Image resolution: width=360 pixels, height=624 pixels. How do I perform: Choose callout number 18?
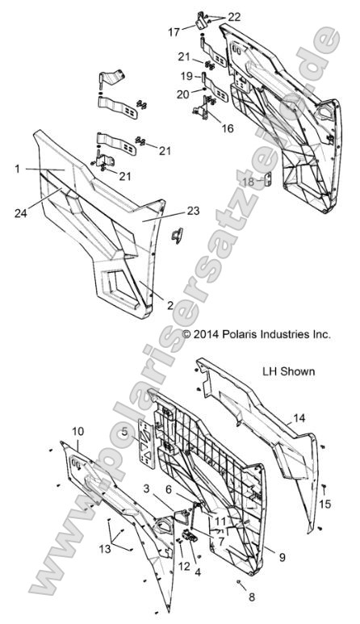pyautogui.click(x=249, y=182)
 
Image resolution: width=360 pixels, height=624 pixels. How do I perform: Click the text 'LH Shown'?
pyautogui.click(x=288, y=372)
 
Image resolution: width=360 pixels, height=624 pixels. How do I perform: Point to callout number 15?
pyautogui.click(x=325, y=504)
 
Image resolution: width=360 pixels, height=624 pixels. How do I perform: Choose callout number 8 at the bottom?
pyautogui.click(x=240, y=597)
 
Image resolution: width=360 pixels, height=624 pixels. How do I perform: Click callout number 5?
pyautogui.click(x=125, y=433)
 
